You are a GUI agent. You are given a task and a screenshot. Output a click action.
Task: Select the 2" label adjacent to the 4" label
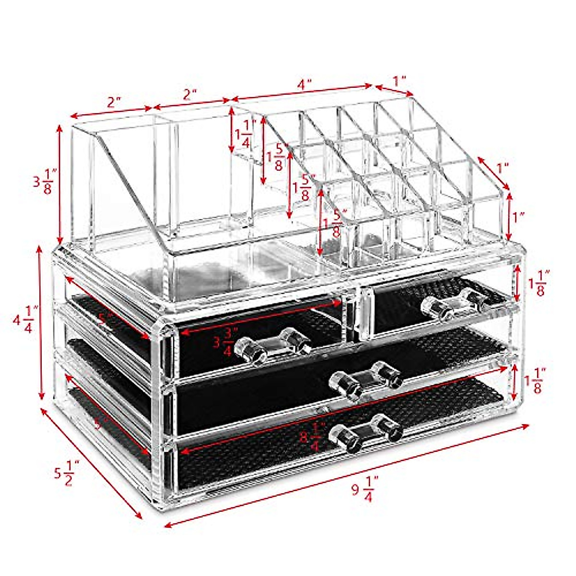click(x=190, y=94)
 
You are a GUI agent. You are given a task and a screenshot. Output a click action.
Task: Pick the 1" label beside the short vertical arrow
click(x=517, y=217)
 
